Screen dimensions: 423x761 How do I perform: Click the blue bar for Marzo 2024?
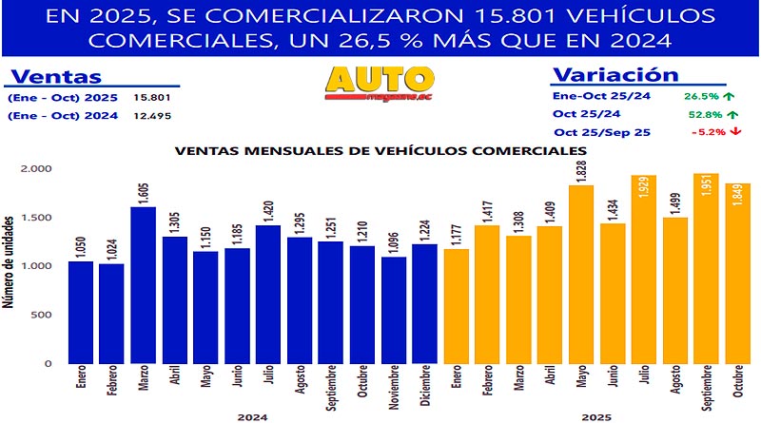145,285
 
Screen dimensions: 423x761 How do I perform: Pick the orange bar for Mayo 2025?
581,275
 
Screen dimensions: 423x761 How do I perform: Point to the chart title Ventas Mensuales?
378,150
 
